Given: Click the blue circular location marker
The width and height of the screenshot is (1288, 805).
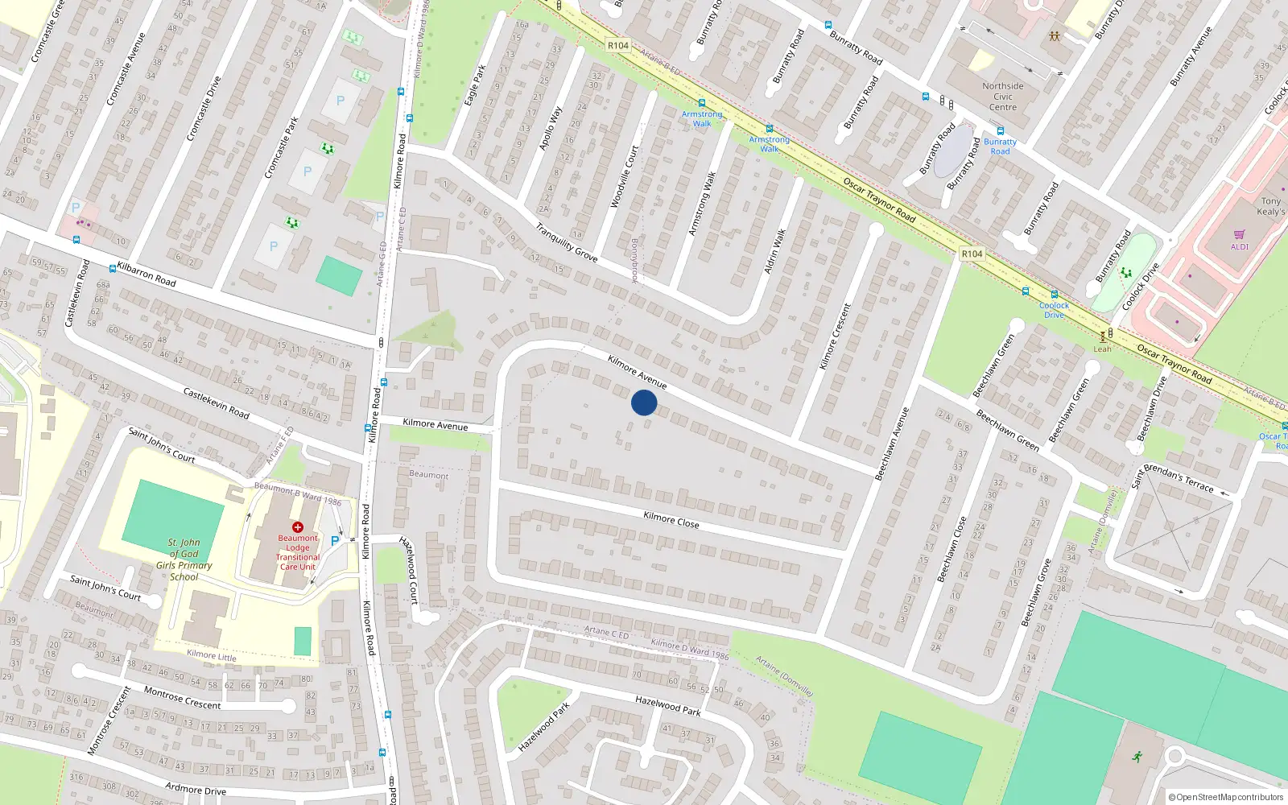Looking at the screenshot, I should point(644,402).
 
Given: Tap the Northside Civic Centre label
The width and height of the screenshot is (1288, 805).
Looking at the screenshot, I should point(1002,97).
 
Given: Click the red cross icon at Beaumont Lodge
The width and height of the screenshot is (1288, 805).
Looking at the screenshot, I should point(298,527).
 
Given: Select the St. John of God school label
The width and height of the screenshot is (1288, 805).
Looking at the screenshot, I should point(184,559).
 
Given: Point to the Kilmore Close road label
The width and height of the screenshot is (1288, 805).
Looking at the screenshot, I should point(671,520).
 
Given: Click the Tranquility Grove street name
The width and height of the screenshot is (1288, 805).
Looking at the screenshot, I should point(567,242).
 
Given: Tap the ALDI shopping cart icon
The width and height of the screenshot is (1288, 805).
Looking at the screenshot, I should point(1239,234).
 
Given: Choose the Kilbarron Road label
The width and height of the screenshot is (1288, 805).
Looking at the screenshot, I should point(147,274).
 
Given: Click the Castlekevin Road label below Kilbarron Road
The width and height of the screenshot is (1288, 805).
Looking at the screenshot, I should point(216,403).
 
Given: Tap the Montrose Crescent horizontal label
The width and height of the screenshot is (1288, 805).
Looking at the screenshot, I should point(182,698).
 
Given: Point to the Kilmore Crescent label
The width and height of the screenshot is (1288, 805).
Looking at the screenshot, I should point(835,336).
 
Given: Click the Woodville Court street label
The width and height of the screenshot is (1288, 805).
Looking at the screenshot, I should point(624,177).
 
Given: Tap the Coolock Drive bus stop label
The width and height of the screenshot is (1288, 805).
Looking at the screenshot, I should point(1054,310).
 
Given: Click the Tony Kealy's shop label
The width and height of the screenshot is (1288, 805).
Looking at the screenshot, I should point(1271,207).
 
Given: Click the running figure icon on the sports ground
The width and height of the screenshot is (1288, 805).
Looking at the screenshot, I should point(1137,757).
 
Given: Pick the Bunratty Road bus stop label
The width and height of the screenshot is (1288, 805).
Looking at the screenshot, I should point(1000,147).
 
